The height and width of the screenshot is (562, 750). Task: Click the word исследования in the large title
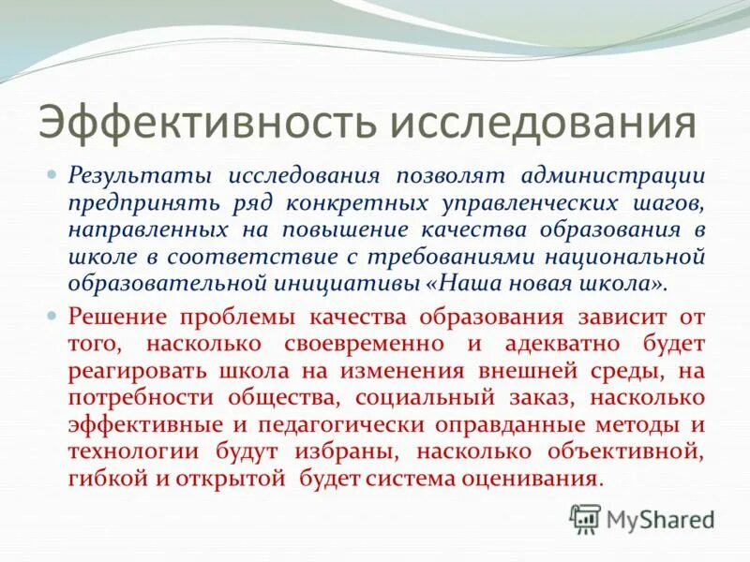543,126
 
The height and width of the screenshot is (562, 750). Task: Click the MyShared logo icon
585,518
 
